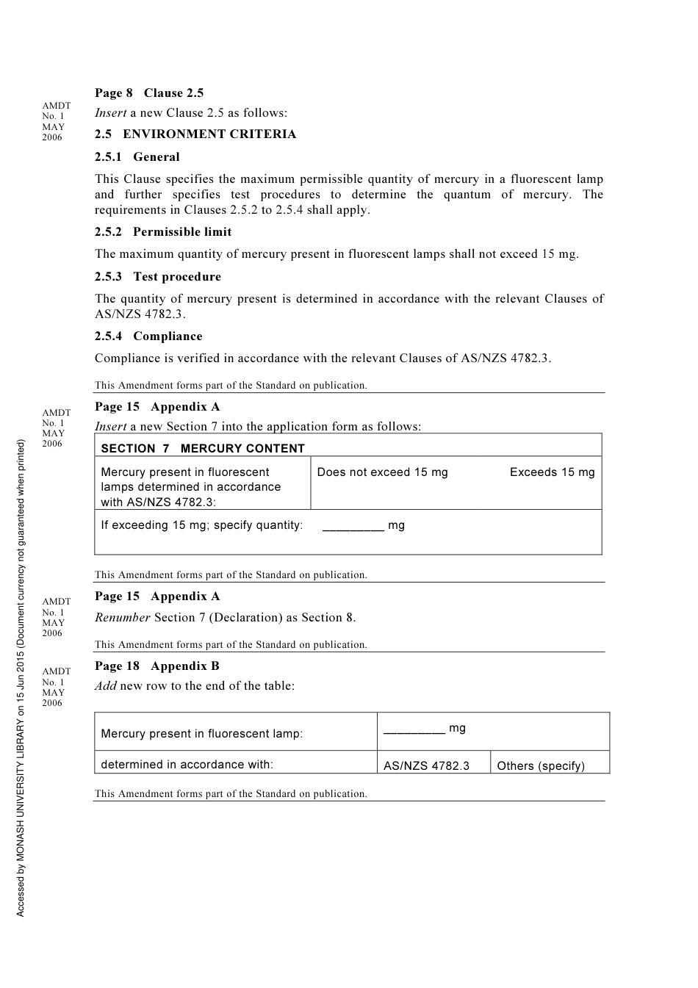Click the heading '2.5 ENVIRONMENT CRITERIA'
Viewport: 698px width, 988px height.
coord(195,134)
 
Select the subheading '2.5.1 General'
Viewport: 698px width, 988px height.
coord(137,157)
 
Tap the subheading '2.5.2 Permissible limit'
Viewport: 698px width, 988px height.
coord(163,232)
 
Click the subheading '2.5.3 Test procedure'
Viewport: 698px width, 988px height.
coord(158,277)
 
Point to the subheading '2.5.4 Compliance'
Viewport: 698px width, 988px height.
coord(148,336)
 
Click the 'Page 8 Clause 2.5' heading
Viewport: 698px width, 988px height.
coord(149,93)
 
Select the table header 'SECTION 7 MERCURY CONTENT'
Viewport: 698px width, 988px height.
coord(203,449)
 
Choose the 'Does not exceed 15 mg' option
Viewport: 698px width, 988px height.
coord(382,472)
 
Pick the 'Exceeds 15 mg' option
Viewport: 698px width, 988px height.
coord(552,472)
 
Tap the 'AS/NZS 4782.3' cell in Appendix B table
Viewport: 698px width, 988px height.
coord(426,766)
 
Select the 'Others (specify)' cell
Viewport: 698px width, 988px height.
coord(541,766)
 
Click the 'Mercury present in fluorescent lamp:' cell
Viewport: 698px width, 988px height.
coord(201,734)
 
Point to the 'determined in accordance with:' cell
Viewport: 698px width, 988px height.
coord(187,765)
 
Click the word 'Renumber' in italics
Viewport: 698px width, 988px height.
coord(123,618)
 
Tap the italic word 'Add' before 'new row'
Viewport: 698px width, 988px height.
coord(106,686)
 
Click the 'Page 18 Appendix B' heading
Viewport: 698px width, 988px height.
coord(157,666)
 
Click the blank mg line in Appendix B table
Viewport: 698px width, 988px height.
coord(414,730)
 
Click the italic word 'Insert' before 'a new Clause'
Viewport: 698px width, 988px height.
coord(111,113)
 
